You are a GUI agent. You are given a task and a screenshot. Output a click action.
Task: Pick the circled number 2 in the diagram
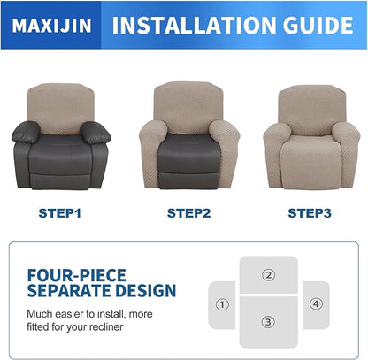(268, 274)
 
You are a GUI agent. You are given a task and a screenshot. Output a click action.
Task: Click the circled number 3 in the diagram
(268, 323)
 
